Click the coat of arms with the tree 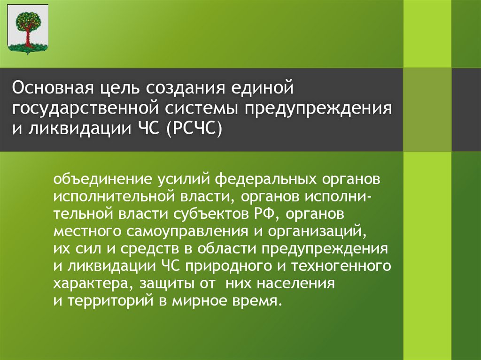[x=28, y=29]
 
